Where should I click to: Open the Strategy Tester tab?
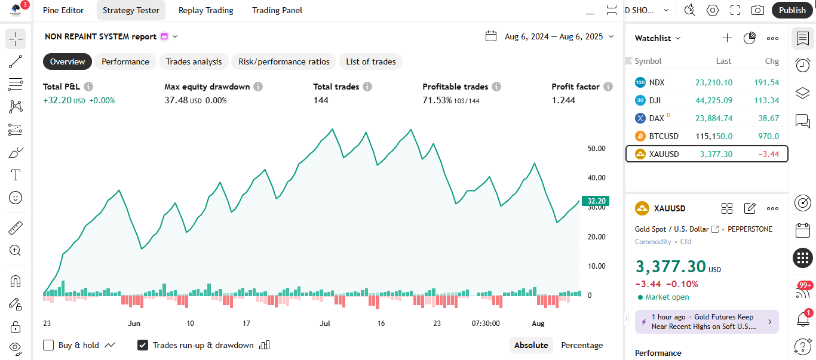coord(131,10)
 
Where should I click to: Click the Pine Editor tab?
coord(63,10)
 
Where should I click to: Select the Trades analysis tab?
coord(194,61)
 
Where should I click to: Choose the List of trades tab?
coord(370,61)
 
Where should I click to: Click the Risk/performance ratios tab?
coord(284,61)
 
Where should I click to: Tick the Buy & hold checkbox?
coord(49,345)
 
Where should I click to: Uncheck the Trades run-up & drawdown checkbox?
coord(143,345)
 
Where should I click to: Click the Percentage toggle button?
coord(581,345)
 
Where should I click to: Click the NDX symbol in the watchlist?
coord(657,82)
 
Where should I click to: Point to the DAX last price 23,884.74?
coord(711,118)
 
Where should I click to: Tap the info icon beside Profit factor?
coord(608,87)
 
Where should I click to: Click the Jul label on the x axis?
coord(325,324)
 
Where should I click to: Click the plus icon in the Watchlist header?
coord(727,38)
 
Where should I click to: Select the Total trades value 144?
coord(321,100)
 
